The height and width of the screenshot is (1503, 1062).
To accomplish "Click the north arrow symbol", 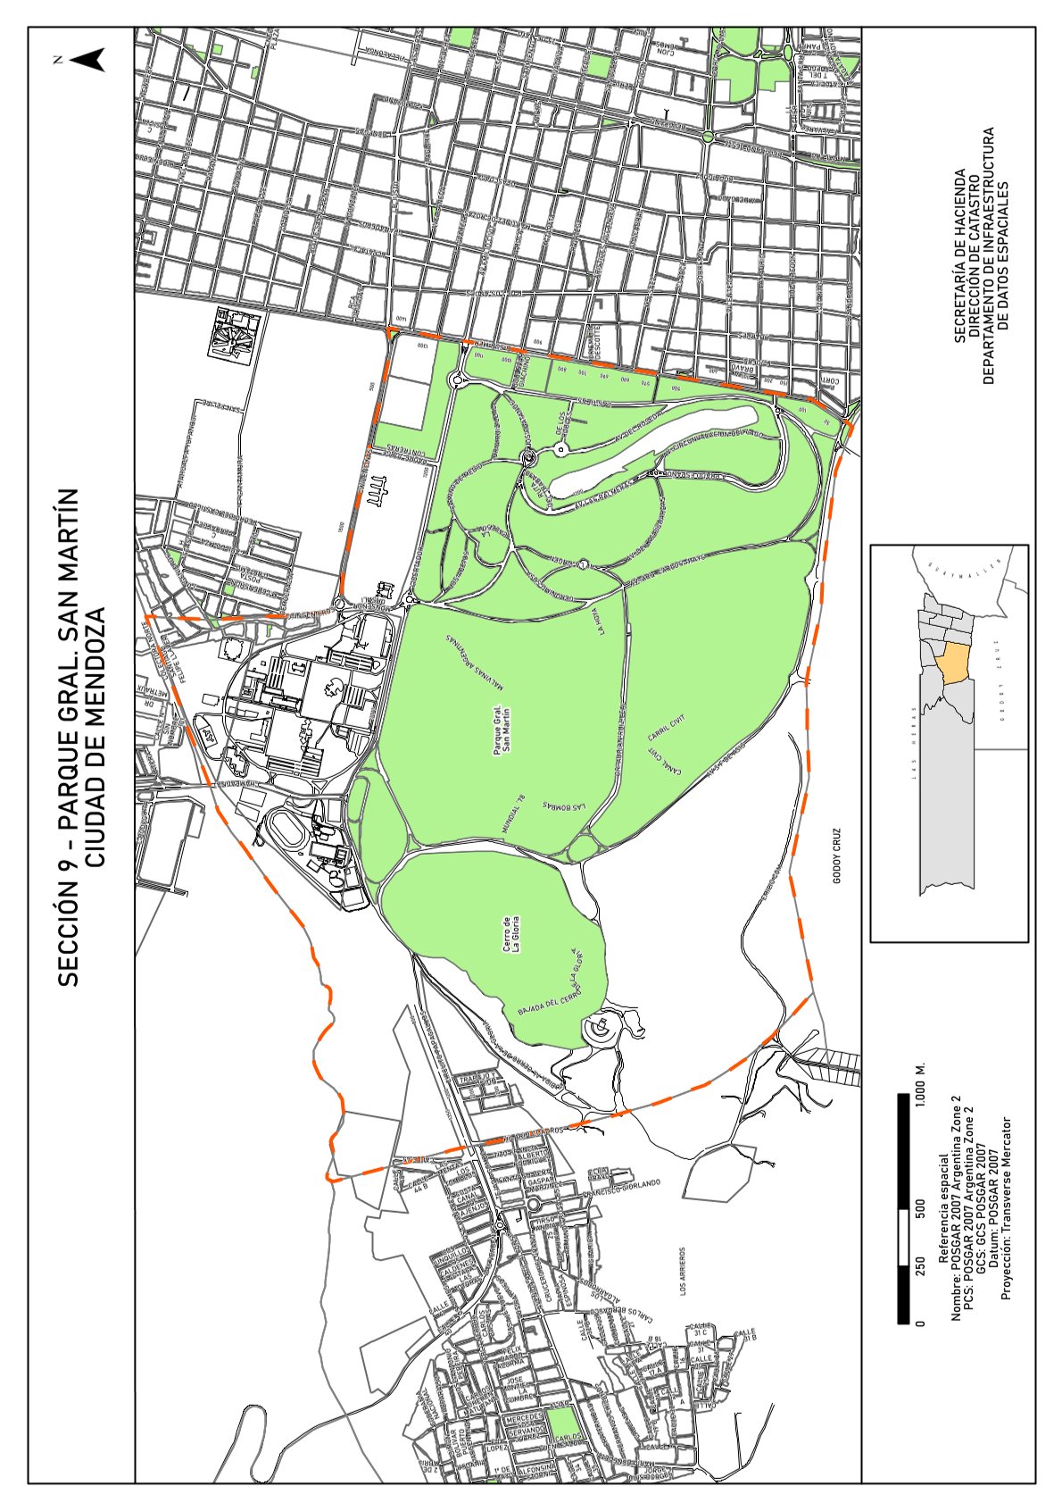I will click(87, 60).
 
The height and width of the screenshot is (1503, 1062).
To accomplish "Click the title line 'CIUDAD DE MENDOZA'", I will click(97, 737).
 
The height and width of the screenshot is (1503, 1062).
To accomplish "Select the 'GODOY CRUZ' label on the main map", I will click(837, 856).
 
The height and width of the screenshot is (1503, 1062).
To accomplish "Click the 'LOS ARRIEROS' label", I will click(683, 1272).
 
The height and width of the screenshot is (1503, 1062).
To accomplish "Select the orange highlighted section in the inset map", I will click(954, 665).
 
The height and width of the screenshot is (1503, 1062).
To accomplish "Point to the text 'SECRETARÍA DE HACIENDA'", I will click(959, 257).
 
